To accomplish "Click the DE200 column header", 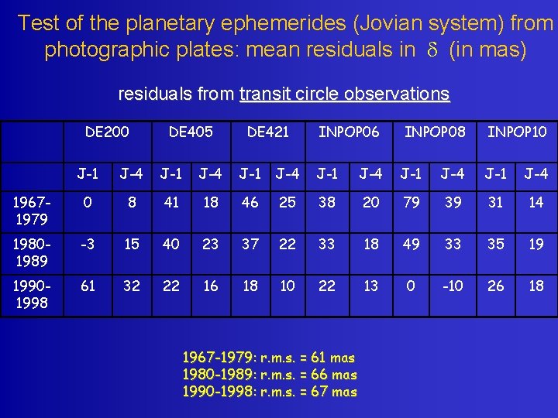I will click(x=107, y=132).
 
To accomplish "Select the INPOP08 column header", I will click(x=435, y=132).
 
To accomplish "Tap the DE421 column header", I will click(x=267, y=132).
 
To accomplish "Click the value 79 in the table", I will click(x=412, y=202).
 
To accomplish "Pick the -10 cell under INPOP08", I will click(x=453, y=286).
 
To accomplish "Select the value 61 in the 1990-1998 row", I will click(x=88, y=286).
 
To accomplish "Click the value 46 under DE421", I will click(x=250, y=202).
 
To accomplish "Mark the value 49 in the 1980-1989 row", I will click(x=412, y=244).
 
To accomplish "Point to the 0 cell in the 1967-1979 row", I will click(x=88, y=202).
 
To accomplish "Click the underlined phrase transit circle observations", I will click(x=344, y=94).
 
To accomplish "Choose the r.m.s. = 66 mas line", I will click(x=269, y=375).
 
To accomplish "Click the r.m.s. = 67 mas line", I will click(x=269, y=392).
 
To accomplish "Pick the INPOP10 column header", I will click(x=517, y=132).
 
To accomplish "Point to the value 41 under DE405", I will click(x=170, y=202).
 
